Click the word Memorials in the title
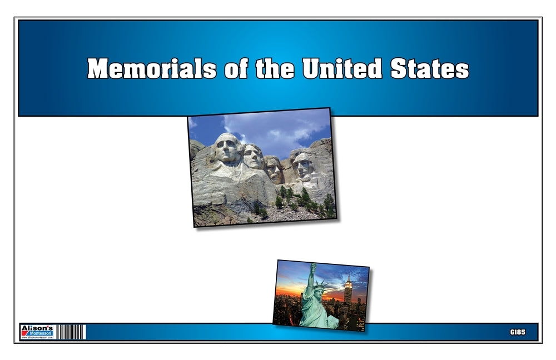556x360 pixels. (151, 69)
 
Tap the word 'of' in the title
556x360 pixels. (235, 69)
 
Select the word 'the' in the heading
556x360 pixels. (276, 69)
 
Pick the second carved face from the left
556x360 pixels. (254, 157)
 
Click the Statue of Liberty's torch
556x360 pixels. (312, 268)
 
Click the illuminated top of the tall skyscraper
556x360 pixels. (349, 283)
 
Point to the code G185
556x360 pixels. (517, 332)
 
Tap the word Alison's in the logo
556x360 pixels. (37, 328)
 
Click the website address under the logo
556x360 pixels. (37, 338)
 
